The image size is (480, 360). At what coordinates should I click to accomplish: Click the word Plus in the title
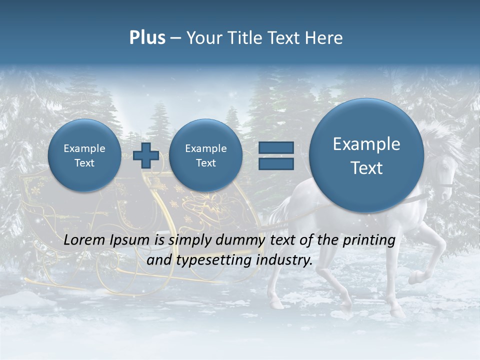tap(147, 38)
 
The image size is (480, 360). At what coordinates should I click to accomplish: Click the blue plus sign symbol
tap(146, 155)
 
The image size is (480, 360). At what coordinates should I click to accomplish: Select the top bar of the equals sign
tap(275, 147)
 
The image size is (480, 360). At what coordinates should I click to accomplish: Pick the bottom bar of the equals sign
tap(275, 164)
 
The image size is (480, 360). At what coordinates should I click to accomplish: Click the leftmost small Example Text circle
tap(84, 155)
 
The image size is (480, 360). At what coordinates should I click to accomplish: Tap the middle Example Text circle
tap(205, 155)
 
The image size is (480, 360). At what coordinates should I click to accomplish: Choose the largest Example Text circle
tap(366, 155)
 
